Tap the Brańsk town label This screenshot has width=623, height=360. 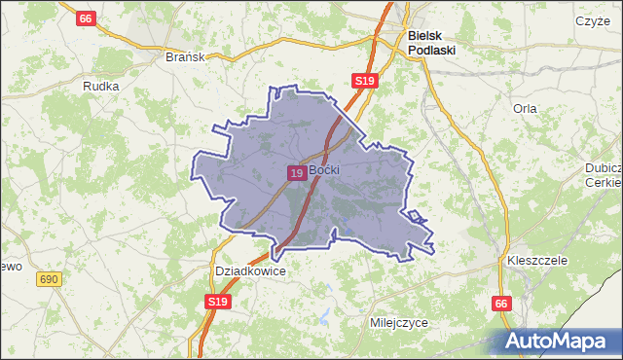pos(185,56)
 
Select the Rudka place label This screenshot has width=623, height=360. pos(101,86)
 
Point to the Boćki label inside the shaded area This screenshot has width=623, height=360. pos(323,170)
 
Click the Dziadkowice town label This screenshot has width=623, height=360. pos(250,271)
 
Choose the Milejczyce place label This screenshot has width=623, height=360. pos(399,322)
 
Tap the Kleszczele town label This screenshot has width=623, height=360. pos(537,262)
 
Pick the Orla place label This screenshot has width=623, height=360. pos(525,108)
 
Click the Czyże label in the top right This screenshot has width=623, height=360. pos(592,20)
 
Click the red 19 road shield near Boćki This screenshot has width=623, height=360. pos(297,172)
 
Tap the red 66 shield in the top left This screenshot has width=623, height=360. pos(87,18)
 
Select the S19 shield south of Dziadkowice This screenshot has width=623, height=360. pos(219,304)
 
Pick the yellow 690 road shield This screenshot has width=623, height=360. pos(50,279)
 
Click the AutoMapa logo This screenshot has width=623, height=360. pos(559,340)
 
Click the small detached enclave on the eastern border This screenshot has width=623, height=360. pos(415,216)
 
